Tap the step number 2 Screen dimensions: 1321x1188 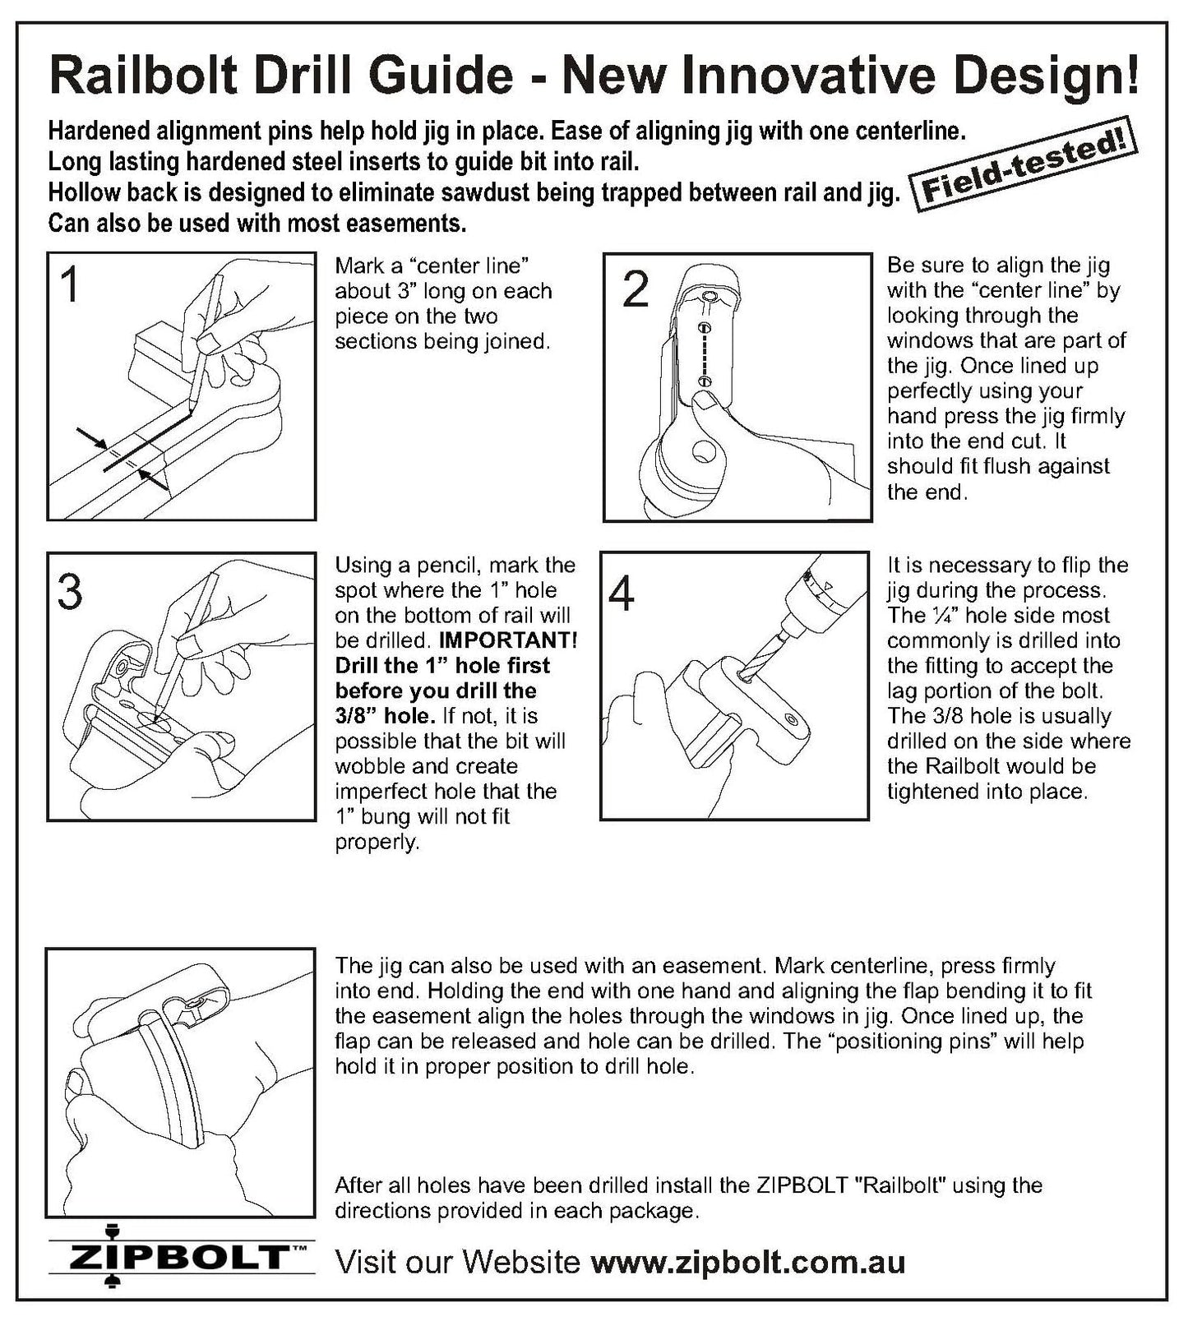(636, 290)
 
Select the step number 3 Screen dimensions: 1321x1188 (71, 592)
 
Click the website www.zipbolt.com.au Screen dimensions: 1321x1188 (748, 1262)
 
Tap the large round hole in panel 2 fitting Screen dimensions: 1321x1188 (704, 451)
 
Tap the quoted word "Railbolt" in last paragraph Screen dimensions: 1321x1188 (896, 1185)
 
